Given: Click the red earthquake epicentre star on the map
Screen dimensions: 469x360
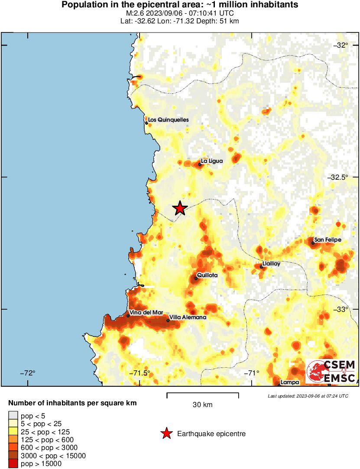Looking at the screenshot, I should point(180,208).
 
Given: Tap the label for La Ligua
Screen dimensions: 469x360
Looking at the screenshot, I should point(212,161).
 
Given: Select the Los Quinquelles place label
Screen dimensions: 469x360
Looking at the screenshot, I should point(169,120).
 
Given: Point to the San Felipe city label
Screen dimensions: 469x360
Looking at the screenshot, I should point(328,239).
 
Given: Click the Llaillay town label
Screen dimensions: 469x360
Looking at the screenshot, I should point(271,263).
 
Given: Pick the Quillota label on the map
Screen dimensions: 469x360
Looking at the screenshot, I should point(207,275).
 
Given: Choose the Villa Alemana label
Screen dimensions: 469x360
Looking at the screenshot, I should point(188,317).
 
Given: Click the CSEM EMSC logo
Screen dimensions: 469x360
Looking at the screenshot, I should point(331,372).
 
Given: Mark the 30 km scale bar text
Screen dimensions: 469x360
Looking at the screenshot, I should point(202,405).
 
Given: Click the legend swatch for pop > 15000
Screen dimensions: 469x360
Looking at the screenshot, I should point(13,464).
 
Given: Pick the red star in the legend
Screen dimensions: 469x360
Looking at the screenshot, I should point(166,433).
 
